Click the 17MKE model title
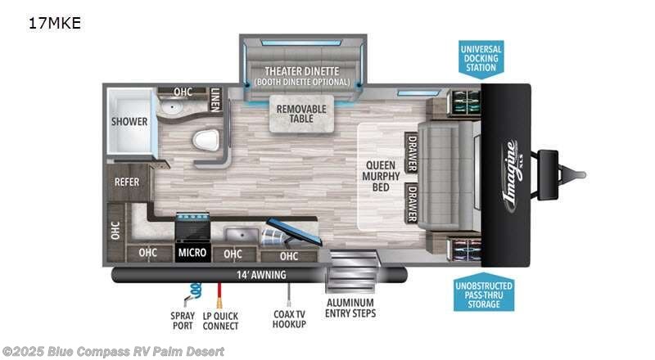pos(55,22)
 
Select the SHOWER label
pos(129,122)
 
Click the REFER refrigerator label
pos(126,182)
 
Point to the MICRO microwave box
pos(192,253)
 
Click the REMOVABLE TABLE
pos(301,115)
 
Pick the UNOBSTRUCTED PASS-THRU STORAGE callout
pos(485,293)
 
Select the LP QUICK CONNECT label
pos(219,321)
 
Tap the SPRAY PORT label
pos(182,321)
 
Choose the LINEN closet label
pos(215,98)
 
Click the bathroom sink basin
pos(174,108)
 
